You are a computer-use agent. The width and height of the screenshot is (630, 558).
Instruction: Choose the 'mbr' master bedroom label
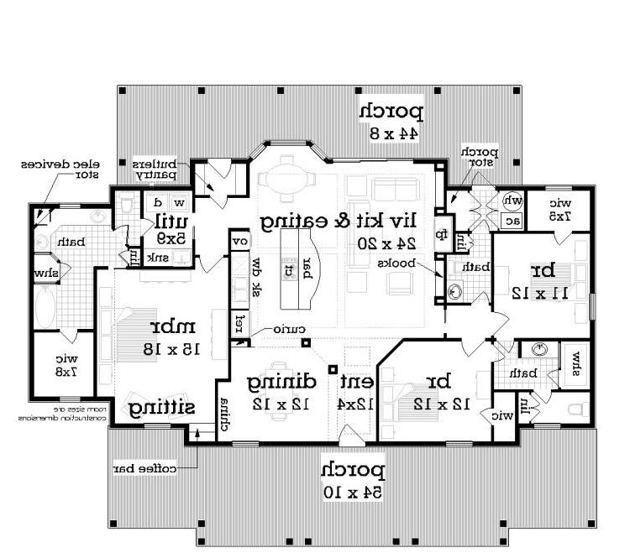coord(167,327)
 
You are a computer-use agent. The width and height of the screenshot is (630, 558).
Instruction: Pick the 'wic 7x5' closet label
coord(560,210)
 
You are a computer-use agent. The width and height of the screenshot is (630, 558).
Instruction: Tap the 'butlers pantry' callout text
coord(155,169)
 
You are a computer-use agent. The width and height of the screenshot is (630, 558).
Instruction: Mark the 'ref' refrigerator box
coord(239,322)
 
